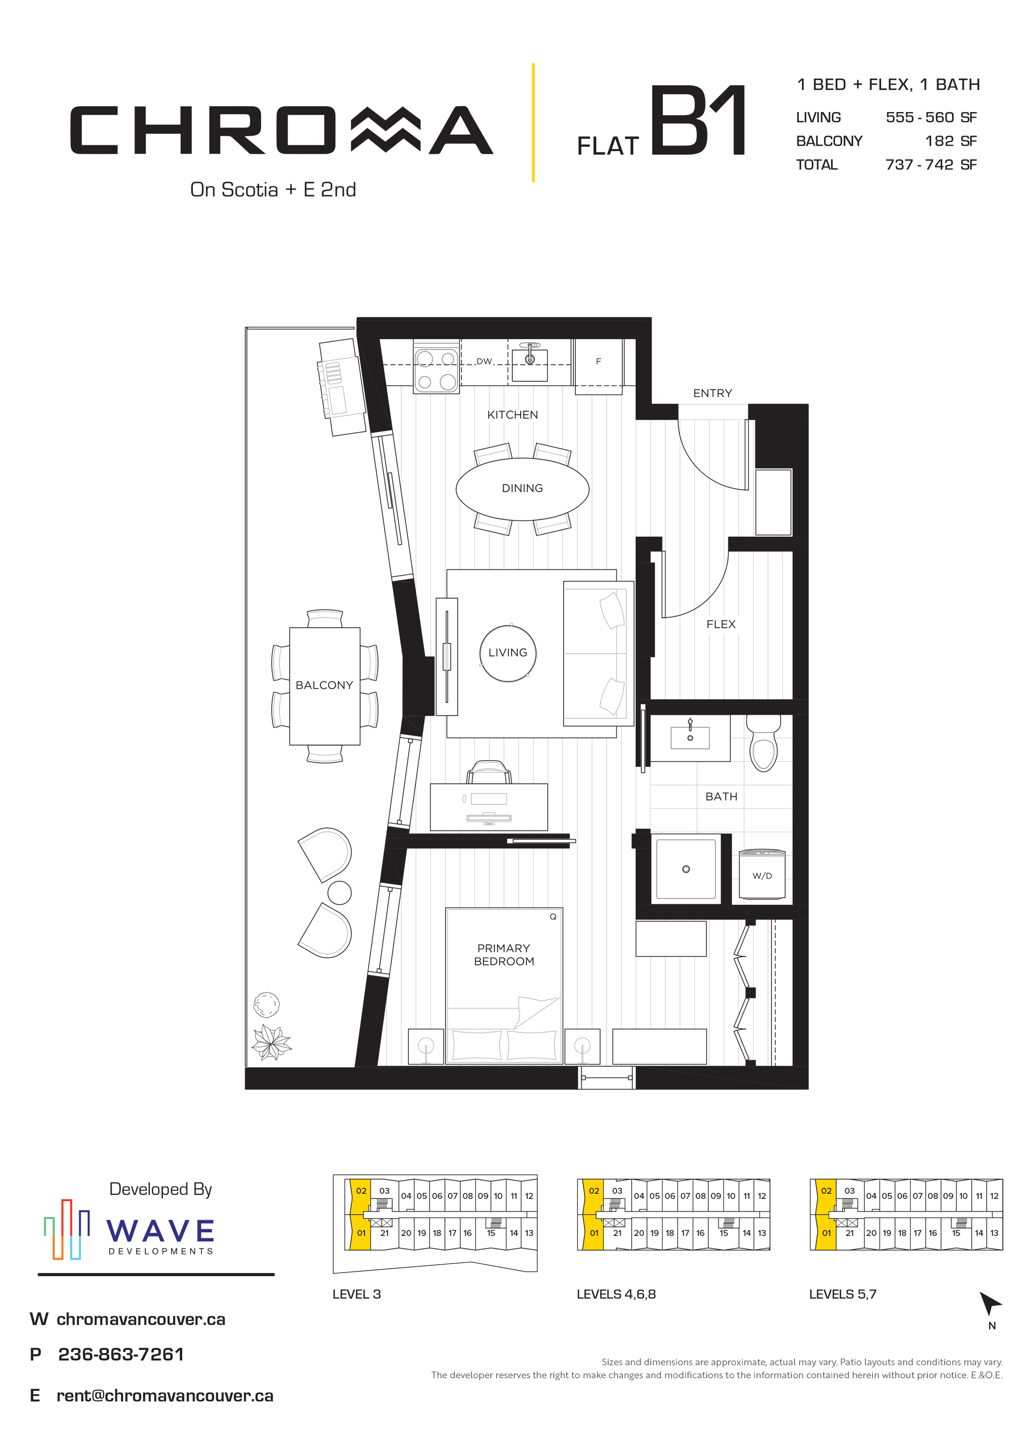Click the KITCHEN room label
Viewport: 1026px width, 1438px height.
512,415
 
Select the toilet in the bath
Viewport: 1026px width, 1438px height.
763,743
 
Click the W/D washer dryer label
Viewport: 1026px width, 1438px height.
762,875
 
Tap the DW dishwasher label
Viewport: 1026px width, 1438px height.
484,362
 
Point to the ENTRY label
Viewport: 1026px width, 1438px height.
712,393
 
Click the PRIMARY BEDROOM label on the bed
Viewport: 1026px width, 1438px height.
504,954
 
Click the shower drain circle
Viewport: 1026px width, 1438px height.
686,869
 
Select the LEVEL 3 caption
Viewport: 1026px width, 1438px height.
356,1294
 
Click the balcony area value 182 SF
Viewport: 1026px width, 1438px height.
951,141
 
